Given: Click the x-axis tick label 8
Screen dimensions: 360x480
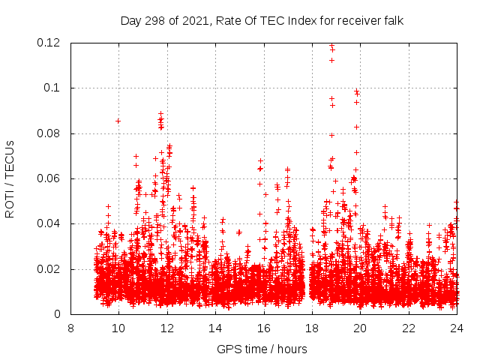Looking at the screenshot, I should click(x=70, y=328).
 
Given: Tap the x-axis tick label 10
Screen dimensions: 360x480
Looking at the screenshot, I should click(x=118, y=328).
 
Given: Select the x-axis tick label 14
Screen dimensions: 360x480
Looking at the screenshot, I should click(x=215, y=328).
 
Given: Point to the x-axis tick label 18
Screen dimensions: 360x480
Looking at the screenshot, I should click(x=312, y=328).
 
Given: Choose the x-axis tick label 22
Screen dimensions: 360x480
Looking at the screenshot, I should click(x=409, y=328).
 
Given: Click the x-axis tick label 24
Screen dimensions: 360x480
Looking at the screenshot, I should click(x=457, y=328).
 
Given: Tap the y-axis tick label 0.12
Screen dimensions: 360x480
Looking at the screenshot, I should click(x=49, y=43).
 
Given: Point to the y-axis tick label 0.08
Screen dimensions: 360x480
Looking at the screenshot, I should click(x=49, y=133).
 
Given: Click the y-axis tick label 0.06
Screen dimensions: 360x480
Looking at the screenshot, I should click(x=49, y=178).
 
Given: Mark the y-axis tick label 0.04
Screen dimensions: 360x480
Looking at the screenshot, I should click(x=49, y=224).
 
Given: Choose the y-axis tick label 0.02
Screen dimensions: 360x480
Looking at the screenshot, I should click(x=49, y=269).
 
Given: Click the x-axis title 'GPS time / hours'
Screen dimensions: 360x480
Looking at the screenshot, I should click(x=262, y=349).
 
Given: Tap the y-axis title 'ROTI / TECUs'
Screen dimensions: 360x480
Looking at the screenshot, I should click(x=10, y=178).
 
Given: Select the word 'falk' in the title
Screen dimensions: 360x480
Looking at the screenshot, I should click(x=393, y=20).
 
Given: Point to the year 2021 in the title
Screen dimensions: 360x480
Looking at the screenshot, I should click(x=196, y=20).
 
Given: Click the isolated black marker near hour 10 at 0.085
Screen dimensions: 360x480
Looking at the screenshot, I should click(x=118, y=121).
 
